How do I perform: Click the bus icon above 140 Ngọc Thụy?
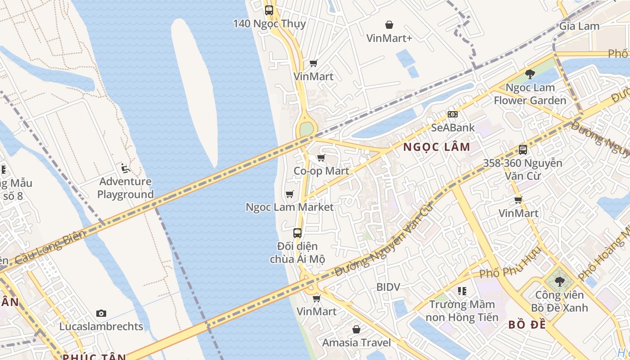tap(269, 10)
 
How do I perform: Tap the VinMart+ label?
tap(389, 38)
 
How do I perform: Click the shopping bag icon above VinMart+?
tap(389, 25)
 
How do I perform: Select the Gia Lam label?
tap(579, 26)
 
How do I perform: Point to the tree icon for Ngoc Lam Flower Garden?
tap(530, 74)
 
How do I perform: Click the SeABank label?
tap(453, 127)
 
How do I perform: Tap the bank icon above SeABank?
tap(453, 114)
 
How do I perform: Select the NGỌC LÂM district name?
tap(436, 147)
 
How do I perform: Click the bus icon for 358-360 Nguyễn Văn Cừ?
tap(522, 150)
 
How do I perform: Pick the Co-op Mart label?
tap(321, 171)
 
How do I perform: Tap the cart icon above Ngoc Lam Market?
tap(290, 194)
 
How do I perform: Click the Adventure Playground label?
tap(126, 188)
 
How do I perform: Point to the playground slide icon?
tap(126, 169)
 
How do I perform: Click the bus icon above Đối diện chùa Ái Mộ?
tap(297, 233)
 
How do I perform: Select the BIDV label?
tap(388, 287)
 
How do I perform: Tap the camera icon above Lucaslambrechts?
tap(101, 313)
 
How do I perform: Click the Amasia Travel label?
tap(356, 342)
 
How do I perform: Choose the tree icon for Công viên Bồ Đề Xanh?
tap(559, 282)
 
